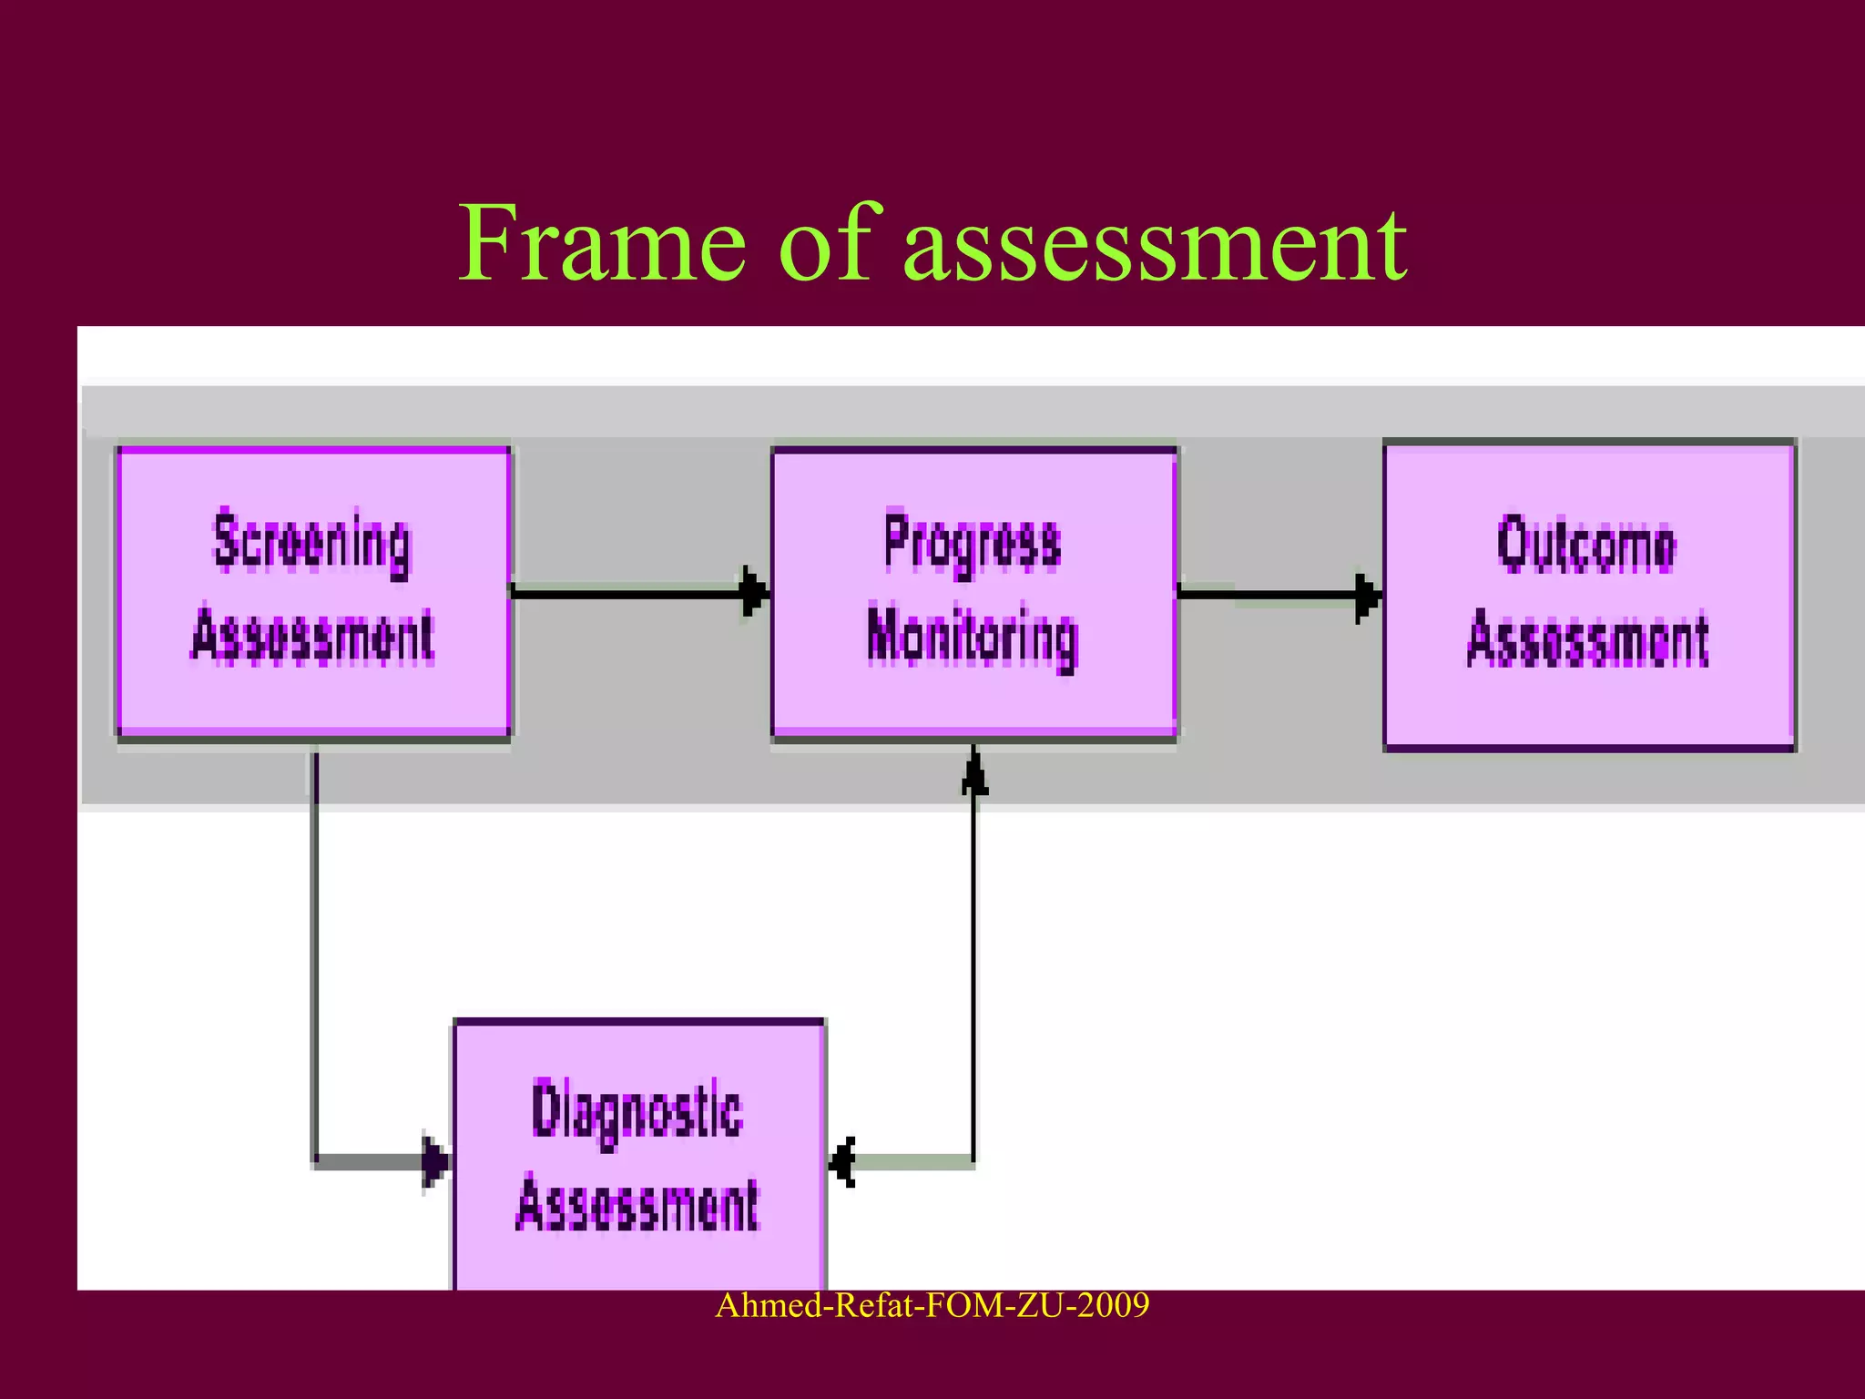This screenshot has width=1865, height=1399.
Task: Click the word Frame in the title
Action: pos(601,244)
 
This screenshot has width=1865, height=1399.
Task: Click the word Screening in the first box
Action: pos(312,544)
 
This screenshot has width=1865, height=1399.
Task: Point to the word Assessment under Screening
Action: pos(312,635)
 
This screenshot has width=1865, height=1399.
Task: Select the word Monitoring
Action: pos(973,638)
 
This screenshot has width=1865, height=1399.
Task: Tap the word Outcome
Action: pos(1586,545)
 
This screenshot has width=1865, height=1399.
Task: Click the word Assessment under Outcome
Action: pos(1587,639)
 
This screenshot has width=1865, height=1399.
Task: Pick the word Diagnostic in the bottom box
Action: pos(637,1111)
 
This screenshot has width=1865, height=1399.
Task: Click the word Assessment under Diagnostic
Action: pos(637,1204)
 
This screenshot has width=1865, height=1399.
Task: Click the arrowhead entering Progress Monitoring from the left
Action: pos(755,591)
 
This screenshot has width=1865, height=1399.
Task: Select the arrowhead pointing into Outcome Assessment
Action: pos(1368,597)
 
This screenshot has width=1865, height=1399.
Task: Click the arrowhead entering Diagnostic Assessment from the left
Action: pos(435,1161)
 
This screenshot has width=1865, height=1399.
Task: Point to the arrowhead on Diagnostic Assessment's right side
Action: pos(843,1162)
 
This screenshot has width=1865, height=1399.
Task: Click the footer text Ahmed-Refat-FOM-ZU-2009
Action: pos(932,1305)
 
